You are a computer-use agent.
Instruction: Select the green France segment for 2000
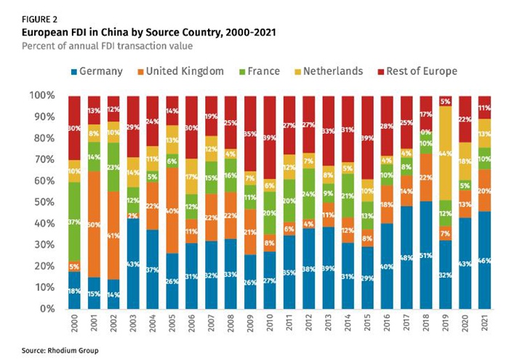tap(73, 221)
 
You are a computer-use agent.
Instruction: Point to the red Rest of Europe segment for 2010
tap(270, 137)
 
